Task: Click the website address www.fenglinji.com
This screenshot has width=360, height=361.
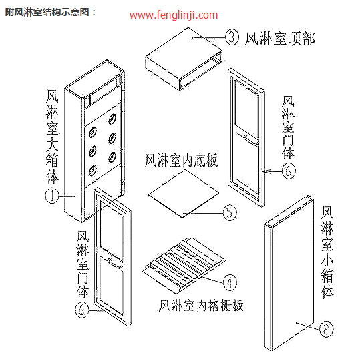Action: point(174,15)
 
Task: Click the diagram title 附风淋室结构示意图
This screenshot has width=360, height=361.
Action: point(50,11)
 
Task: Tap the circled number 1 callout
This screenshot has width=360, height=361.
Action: point(51,196)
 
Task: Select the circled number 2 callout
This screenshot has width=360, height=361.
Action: point(325,328)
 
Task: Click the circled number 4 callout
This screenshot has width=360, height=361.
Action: point(229,282)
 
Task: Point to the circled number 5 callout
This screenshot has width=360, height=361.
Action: point(229,213)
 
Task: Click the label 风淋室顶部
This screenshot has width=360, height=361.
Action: point(280,39)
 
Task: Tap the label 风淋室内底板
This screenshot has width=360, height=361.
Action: point(180,161)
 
